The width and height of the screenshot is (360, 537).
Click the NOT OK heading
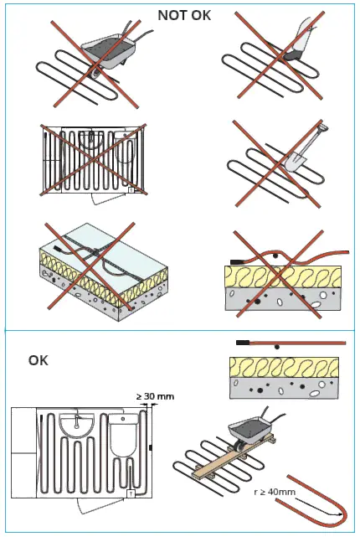pyautogui.click(x=184, y=14)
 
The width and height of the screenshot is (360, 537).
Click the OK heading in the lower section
pyautogui.click(x=39, y=360)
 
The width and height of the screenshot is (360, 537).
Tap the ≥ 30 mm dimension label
pyautogui.click(x=156, y=395)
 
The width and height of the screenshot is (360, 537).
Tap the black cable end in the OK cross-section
pyautogui.click(x=243, y=343)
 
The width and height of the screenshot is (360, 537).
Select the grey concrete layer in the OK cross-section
pyautogui.click(x=285, y=390)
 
